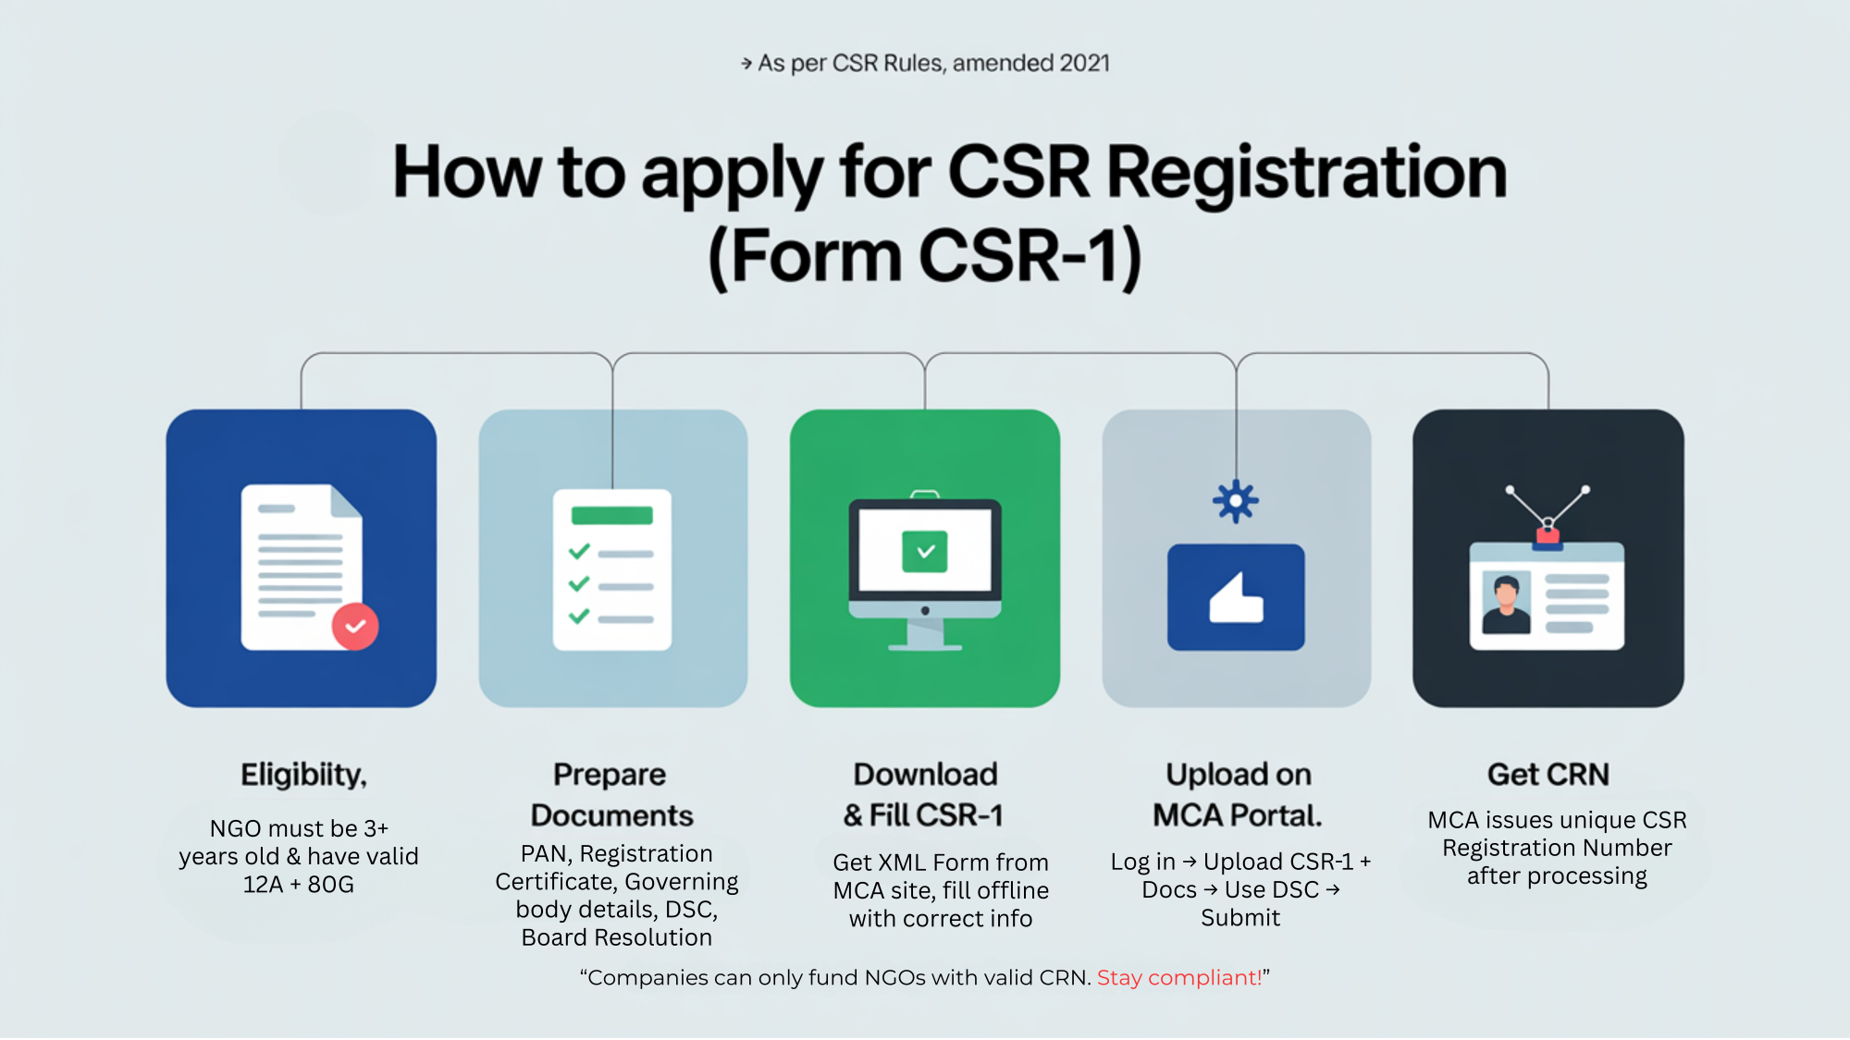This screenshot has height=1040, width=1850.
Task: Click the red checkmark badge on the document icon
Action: [x=355, y=627]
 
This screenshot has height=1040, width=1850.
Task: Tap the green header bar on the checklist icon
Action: [x=612, y=516]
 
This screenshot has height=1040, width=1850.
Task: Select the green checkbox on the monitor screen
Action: [x=925, y=552]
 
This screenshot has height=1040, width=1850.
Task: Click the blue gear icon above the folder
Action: [x=1236, y=502]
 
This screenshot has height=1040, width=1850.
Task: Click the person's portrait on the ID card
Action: [x=1506, y=602]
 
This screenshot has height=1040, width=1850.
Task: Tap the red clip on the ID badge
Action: [x=1548, y=535]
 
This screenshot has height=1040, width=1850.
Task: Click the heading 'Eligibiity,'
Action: [x=303, y=775]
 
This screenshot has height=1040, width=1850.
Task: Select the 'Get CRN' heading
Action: [x=1548, y=774]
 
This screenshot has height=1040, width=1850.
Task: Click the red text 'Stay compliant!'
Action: [x=1179, y=978]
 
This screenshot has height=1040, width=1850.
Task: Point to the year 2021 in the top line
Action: [x=1085, y=63]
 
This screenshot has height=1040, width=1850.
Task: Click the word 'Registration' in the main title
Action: [x=1307, y=173]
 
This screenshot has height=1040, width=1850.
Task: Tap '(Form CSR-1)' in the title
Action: [x=925, y=257]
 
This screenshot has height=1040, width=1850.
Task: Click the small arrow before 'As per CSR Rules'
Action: [x=746, y=64]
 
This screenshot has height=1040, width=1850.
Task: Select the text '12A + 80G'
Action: [x=299, y=885]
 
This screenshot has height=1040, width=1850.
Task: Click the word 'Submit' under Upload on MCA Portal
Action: [x=1240, y=918]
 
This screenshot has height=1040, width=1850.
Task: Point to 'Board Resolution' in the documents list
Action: [x=617, y=937]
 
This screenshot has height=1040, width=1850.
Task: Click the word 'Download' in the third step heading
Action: [x=925, y=774]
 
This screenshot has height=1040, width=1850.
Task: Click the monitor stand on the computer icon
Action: [x=925, y=635]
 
